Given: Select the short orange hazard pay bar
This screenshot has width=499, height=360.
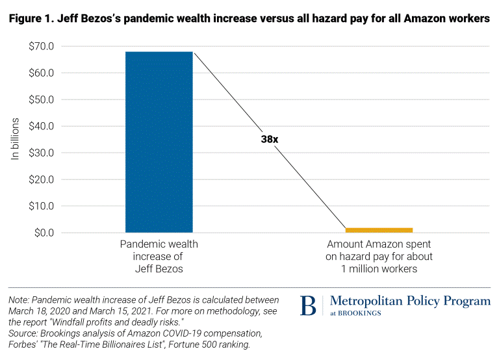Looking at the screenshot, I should click(x=379, y=229).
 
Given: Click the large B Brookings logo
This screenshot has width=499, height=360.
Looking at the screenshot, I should click(x=309, y=305).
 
